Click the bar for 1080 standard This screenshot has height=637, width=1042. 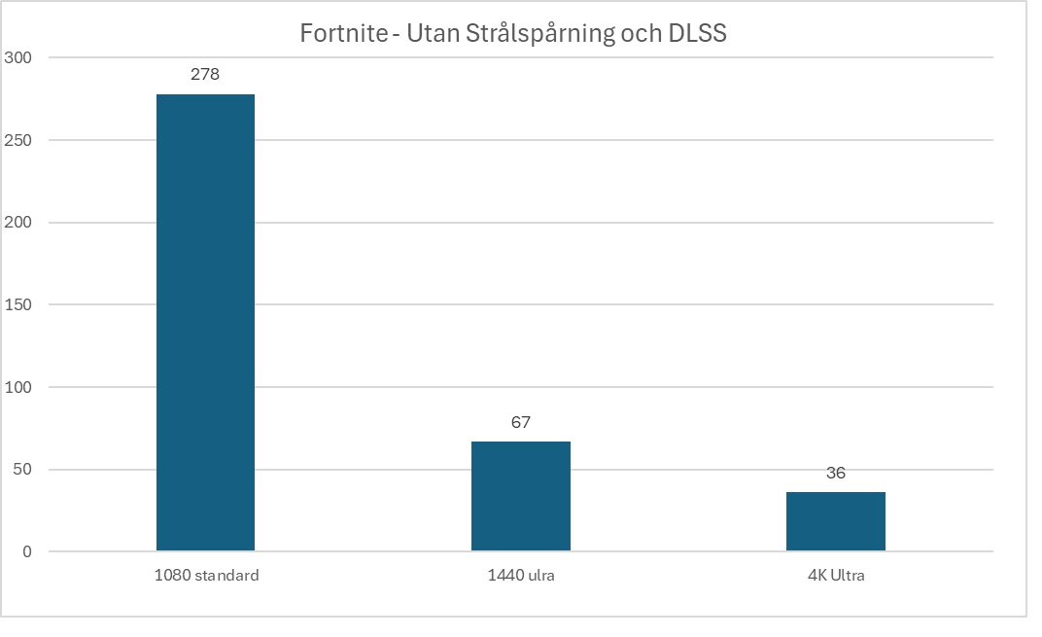pyautogui.click(x=205, y=323)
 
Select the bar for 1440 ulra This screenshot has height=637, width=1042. pyautogui.click(x=520, y=496)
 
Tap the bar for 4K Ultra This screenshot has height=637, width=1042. pyautogui.click(x=835, y=521)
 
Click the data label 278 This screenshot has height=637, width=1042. pyautogui.click(x=205, y=74)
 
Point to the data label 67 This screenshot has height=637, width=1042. pyautogui.click(x=520, y=422)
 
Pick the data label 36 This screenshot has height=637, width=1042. pyautogui.click(x=835, y=473)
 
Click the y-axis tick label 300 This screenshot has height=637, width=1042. pyautogui.click(x=19, y=58)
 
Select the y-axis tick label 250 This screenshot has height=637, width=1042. pyautogui.click(x=19, y=140)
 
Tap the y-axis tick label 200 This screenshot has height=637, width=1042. pyautogui.click(x=19, y=223)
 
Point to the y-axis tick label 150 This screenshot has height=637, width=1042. pyautogui.click(x=19, y=304)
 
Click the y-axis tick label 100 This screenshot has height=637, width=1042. pyautogui.click(x=19, y=387)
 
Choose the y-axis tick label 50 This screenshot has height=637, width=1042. pyautogui.click(x=23, y=470)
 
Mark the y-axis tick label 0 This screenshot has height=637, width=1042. pyautogui.click(x=27, y=551)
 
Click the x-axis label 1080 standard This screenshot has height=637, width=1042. pyautogui.click(x=206, y=575)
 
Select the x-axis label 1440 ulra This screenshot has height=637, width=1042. pyautogui.click(x=520, y=575)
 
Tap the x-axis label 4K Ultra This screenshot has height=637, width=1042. pyautogui.click(x=835, y=575)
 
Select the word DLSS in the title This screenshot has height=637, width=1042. pyautogui.click(x=699, y=34)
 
